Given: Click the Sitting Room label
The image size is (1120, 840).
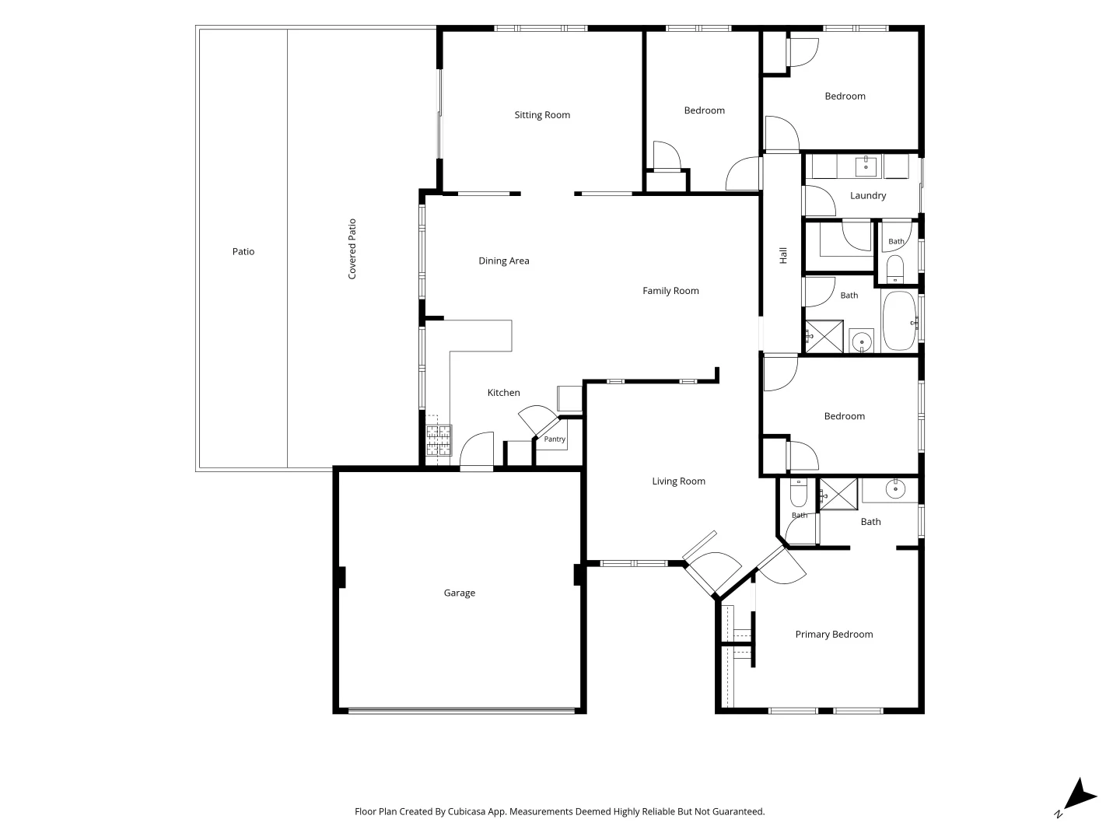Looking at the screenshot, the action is click(542, 115).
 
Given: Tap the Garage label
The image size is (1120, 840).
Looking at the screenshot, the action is click(459, 593).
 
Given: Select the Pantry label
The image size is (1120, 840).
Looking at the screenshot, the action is click(555, 439).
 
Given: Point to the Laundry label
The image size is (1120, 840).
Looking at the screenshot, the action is click(868, 195).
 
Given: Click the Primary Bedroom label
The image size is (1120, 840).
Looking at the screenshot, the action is click(834, 634).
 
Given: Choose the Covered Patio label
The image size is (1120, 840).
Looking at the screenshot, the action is click(352, 249).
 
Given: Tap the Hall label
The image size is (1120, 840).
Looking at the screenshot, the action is click(783, 255).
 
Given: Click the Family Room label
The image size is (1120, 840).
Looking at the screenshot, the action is click(670, 291).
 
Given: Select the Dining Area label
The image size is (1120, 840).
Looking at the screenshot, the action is click(504, 261).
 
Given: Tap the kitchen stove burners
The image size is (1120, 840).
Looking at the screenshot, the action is click(439, 440).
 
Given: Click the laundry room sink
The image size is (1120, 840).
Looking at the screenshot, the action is click(866, 166).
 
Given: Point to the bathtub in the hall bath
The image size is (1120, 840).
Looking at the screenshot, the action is click(899, 320).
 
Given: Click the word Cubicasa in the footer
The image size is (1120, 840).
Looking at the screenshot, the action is click(467, 811).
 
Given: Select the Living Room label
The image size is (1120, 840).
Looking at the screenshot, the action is click(679, 481).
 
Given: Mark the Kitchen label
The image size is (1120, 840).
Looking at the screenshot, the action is click(504, 392).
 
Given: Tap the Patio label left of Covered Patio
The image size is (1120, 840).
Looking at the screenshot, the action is click(243, 251).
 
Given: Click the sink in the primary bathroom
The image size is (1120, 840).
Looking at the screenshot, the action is click(895, 489).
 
